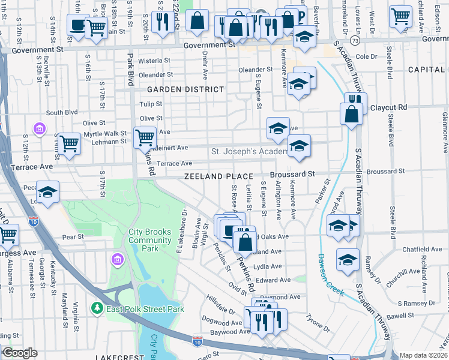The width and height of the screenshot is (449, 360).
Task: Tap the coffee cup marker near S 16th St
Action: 77,25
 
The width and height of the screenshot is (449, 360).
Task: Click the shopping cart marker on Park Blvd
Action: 145,137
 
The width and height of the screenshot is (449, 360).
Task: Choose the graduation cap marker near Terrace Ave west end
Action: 47,192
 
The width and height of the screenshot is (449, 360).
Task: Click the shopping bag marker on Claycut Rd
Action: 351,112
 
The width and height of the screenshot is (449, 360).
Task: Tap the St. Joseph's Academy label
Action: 249,151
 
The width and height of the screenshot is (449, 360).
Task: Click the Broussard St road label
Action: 292,173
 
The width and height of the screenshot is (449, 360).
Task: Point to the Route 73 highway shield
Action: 356,41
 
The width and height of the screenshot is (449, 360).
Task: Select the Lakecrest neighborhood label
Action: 119,357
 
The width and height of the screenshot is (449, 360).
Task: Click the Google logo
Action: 20,353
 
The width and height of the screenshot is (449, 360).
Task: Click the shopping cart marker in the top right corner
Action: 400,16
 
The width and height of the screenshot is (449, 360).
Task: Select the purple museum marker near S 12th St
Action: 40,129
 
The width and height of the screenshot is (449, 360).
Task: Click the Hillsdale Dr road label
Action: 220,311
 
